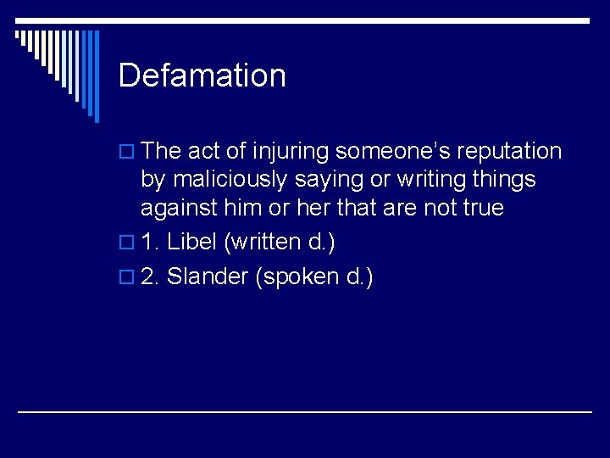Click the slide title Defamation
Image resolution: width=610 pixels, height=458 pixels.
point(202,75)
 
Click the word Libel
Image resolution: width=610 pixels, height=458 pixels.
point(192,242)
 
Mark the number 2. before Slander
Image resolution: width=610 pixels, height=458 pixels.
point(151,276)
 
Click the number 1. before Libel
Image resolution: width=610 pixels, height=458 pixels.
point(151,242)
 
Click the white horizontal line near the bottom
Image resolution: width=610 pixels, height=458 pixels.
point(305,412)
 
